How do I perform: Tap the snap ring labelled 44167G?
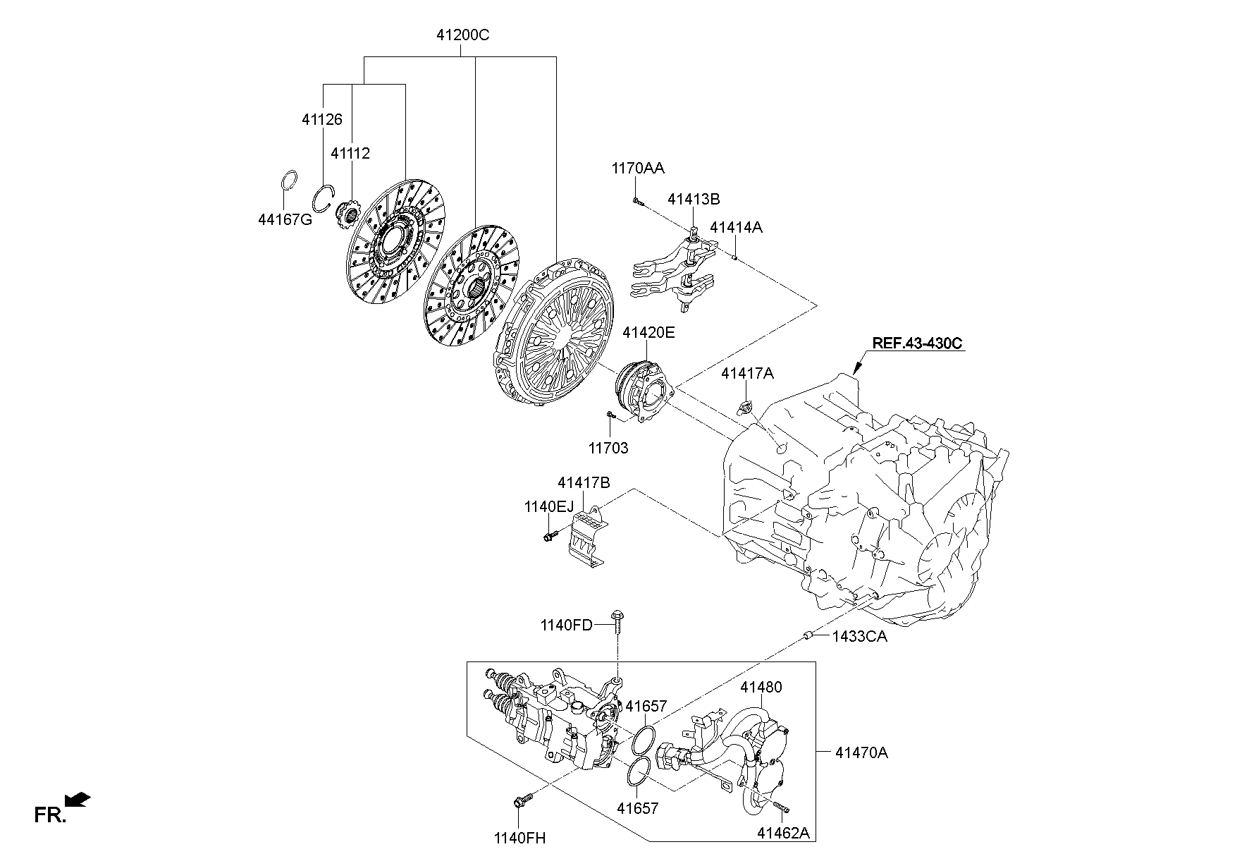tap(290, 182)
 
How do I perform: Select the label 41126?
tap(321, 120)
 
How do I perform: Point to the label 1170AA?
tap(637, 169)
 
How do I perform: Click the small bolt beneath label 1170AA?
tap(638, 202)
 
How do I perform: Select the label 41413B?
tap(694, 200)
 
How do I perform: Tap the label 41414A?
tap(735, 228)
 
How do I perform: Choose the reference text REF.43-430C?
tap(917, 343)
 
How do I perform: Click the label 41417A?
tap(746, 374)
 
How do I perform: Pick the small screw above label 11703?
tap(611, 416)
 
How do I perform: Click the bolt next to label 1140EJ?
tap(550, 537)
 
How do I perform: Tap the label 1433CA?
tap(859, 637)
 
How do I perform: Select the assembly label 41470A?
tap(861, 753)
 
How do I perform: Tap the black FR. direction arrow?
tap(78, 798)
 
